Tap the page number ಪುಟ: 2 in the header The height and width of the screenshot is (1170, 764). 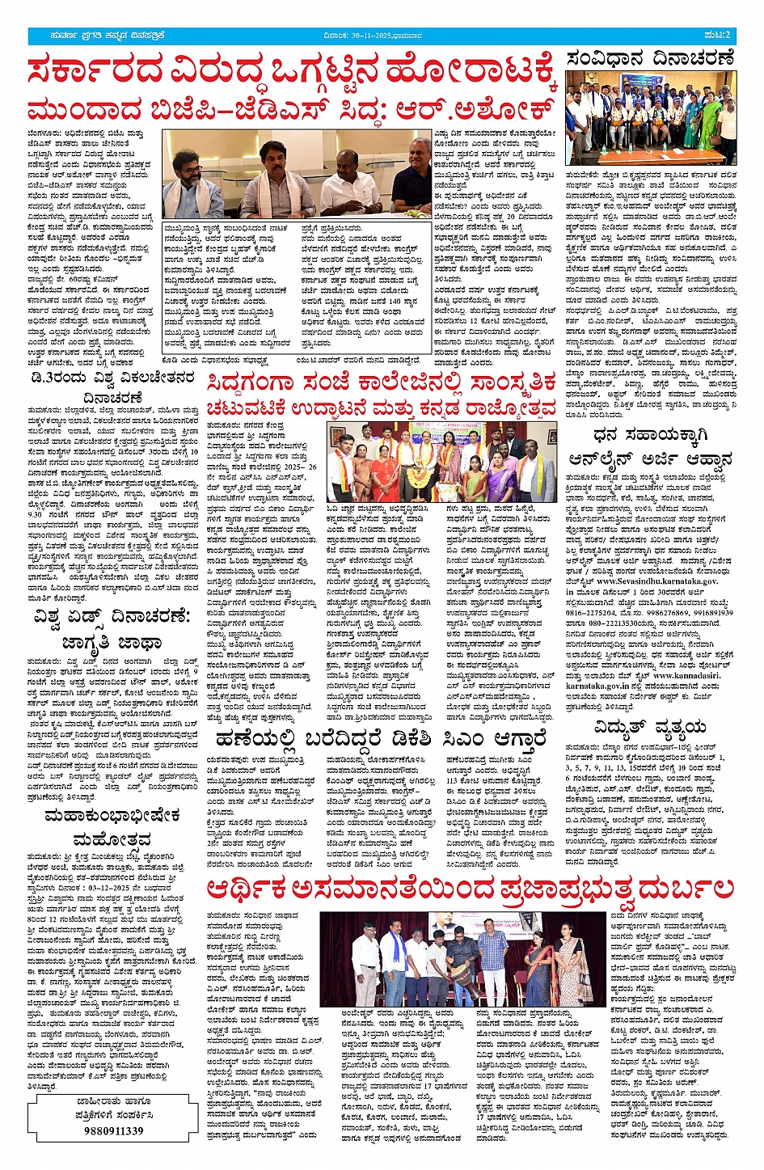pos(716,36)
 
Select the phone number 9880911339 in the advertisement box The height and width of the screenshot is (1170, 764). pos(113,1130)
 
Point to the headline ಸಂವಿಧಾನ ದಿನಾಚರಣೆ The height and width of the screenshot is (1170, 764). pos(650,58)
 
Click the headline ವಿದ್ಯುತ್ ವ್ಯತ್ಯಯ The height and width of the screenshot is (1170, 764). pos(649,727)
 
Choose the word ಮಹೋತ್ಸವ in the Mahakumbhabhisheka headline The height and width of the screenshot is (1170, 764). pos(112,839)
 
